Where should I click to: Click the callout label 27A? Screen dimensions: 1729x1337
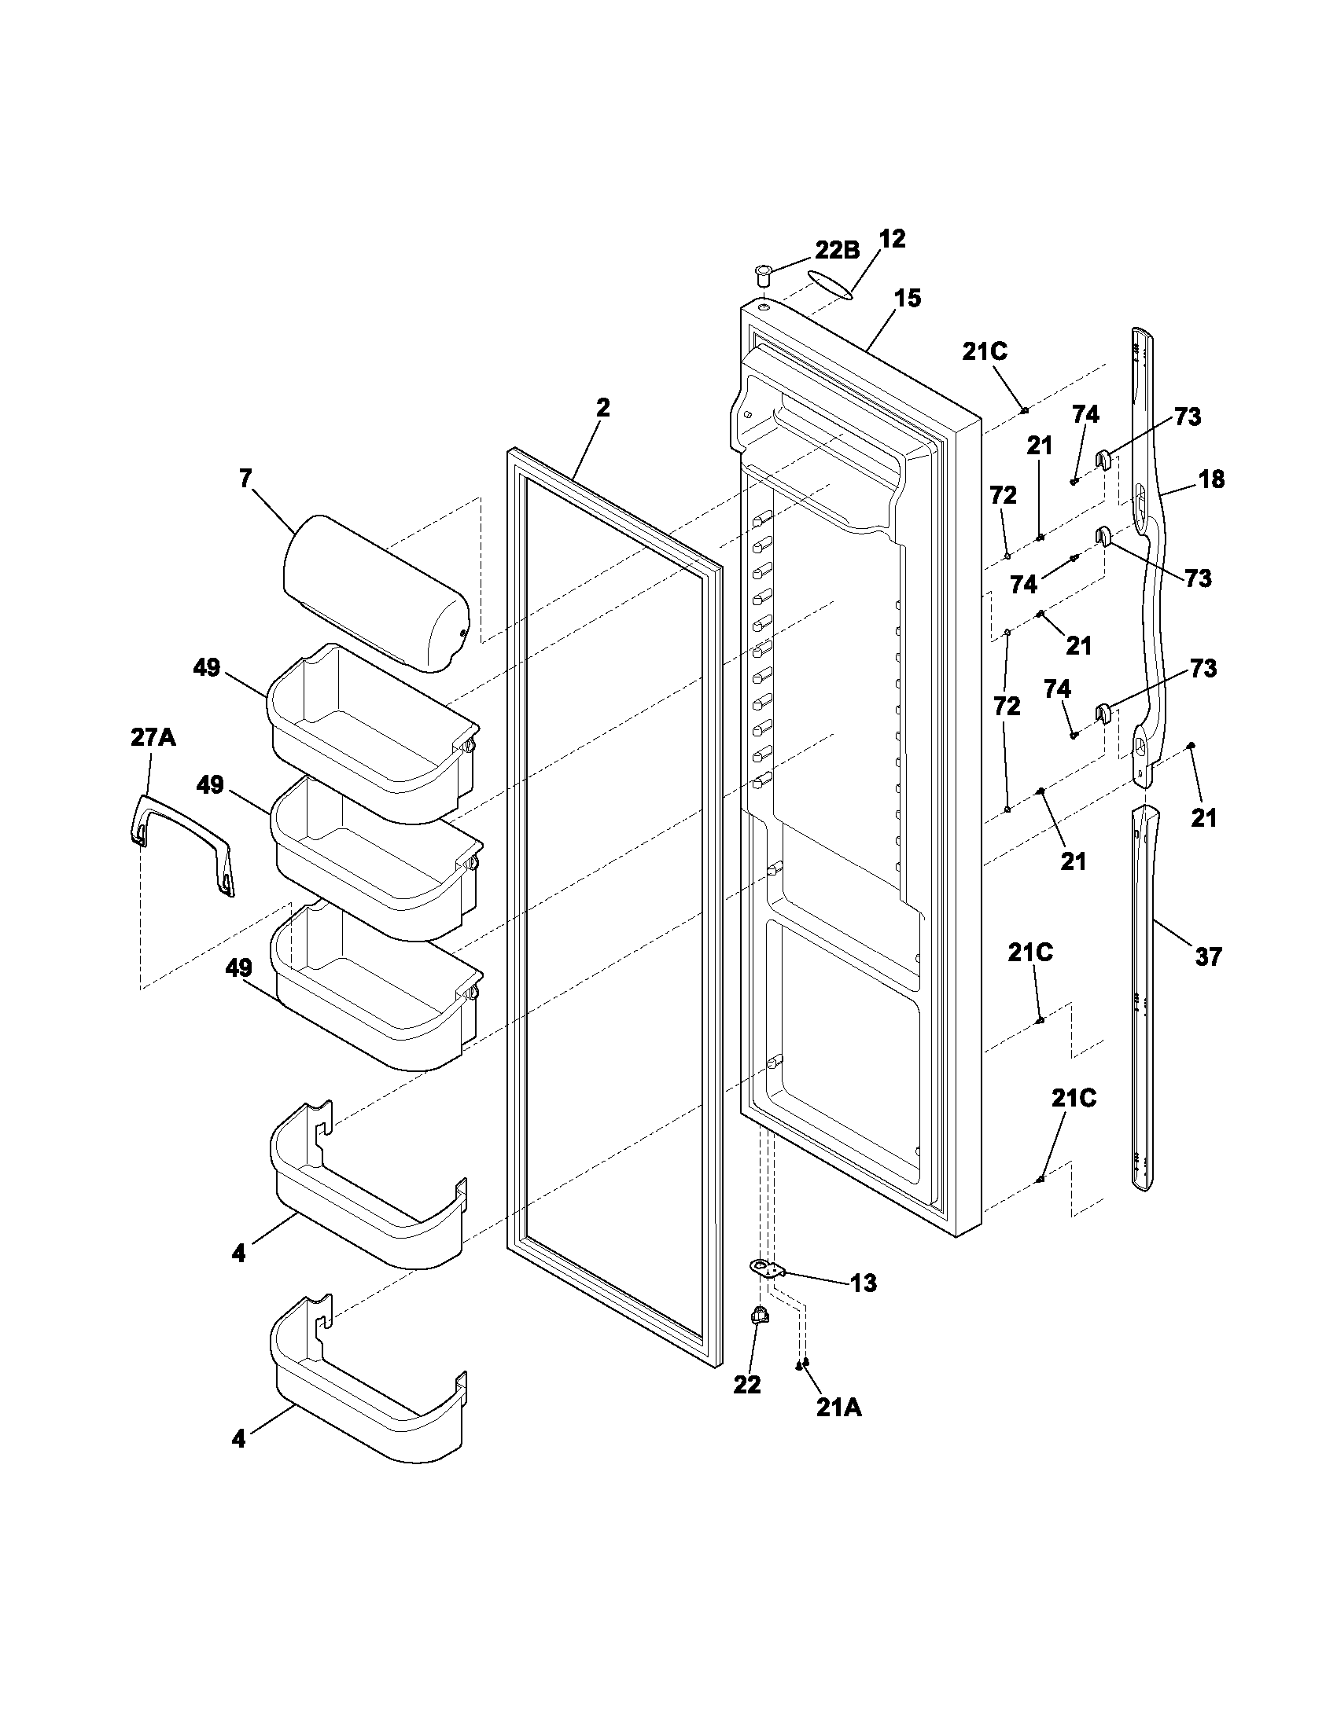tap(153, 738)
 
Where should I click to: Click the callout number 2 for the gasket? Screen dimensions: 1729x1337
tap(602, 408)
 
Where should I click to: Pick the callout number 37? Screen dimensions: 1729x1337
tap(1208, 957)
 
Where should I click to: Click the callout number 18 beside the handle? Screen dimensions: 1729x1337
tap(1211, 479)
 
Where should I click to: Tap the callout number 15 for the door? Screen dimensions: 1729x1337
tap(908, 299)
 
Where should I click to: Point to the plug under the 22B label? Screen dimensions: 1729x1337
tap(762, 277)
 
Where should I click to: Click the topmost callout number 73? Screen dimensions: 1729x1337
tap(1187, 417)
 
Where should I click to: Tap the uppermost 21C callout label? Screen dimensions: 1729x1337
tap(985, 351)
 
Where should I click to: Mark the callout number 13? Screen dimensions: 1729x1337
tap(864, 1283)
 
